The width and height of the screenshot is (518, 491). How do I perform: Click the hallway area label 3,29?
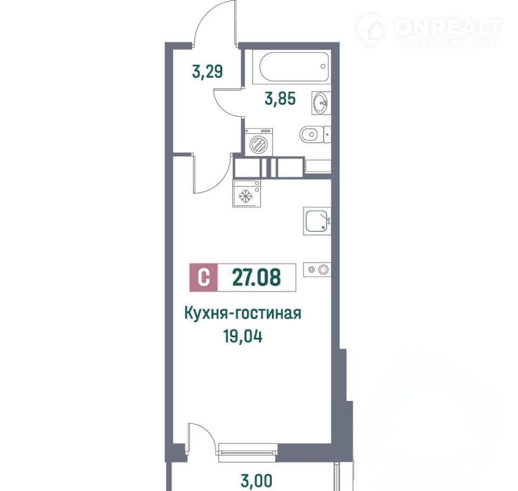pyautogui.click(x=207, y=72)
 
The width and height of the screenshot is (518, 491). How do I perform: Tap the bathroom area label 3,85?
pyautogui.click(x=280, y=98)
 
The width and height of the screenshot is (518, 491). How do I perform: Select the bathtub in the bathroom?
pyautogui.click(x=295, y=67)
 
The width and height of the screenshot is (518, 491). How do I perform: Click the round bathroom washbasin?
pyautogui.click(x=321, y=103)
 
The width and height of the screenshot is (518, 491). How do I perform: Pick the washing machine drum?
pyautogui.click(x=258, y=144)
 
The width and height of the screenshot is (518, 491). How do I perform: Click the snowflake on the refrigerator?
pyautogui.click(x=246, y=196)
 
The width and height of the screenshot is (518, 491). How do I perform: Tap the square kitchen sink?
pyautogui.click(x=317, y=221)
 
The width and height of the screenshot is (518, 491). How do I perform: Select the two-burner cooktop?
pyautogui.click(x=317, y=270)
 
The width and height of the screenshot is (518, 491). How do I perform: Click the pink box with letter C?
pyautogui.click(x=203, y=277)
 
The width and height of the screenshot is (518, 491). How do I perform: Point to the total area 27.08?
pyautogui.click(x=257, y=277)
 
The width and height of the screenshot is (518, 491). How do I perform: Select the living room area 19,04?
pyautogui.click(x=243, y=337)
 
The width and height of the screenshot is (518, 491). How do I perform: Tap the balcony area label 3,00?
pyautogui.click(x=257, y=480)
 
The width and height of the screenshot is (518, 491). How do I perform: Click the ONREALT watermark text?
pyautogui.click(x=448, y=27)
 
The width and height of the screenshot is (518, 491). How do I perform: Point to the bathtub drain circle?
pyautogui.click(x=323, y=66)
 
